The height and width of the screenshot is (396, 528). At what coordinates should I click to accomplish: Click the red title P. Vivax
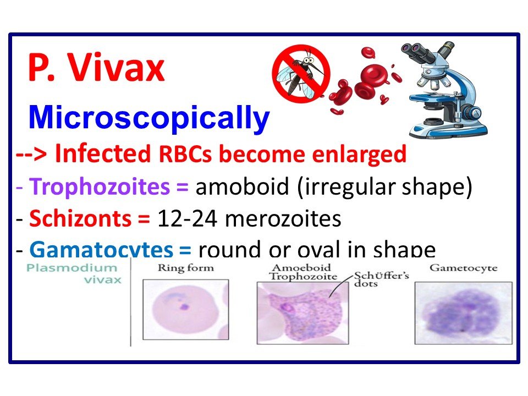point(96,70)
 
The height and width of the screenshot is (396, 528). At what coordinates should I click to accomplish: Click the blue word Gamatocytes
point(101,250)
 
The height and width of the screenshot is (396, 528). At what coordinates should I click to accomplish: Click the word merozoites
point(283,218)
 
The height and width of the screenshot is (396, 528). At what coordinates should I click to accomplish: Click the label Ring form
point(185,268)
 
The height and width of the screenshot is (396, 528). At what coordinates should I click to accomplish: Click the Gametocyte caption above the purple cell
point(463,268)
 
